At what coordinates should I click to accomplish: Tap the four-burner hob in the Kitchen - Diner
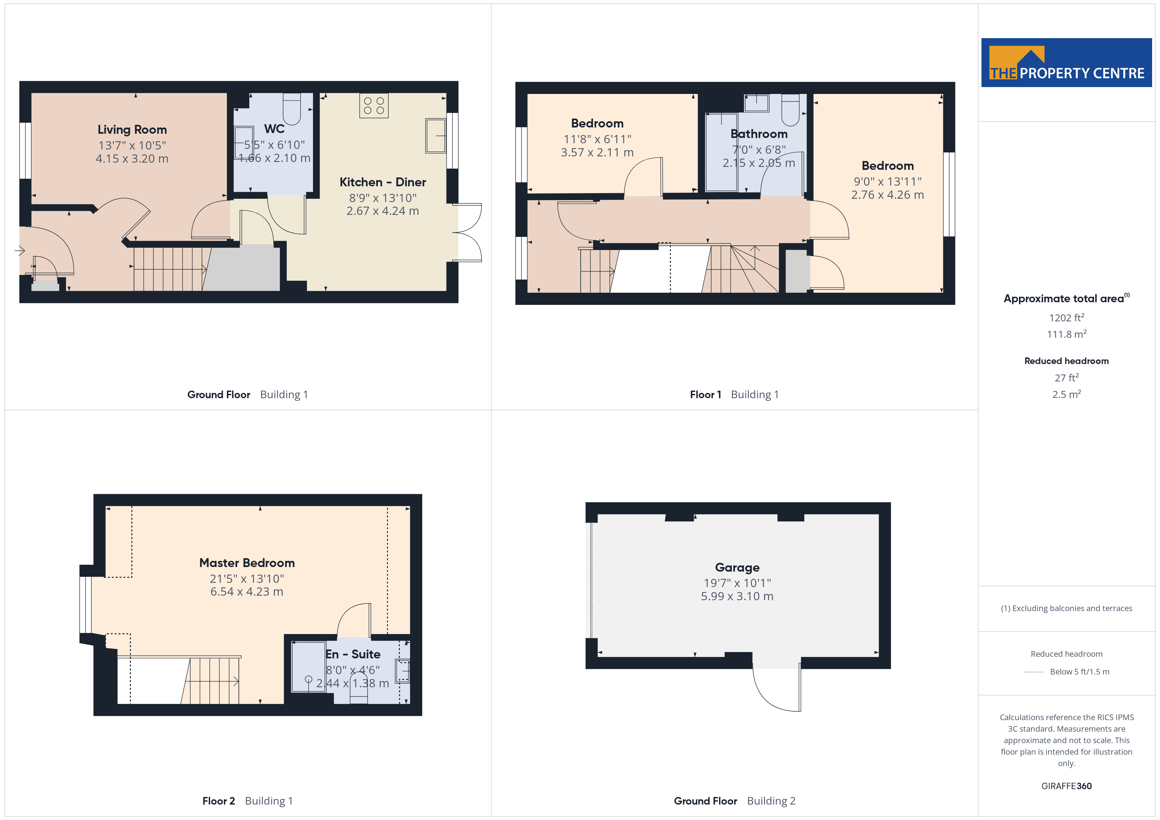374,105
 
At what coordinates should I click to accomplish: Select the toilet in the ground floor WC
292,108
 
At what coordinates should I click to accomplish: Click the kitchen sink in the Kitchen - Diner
436,135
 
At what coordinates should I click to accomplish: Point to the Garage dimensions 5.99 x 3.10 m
737,596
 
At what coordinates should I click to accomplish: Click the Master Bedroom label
247,563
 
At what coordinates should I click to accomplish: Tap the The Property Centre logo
1067,63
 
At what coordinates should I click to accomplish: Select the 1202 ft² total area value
1067,318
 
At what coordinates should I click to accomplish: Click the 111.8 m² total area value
1067,334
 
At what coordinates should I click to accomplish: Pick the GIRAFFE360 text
1067,786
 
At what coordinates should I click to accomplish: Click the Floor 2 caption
218,801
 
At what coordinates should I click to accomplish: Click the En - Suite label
353,654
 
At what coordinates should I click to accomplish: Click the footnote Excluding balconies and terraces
1067,608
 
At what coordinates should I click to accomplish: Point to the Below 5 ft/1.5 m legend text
1080,672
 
